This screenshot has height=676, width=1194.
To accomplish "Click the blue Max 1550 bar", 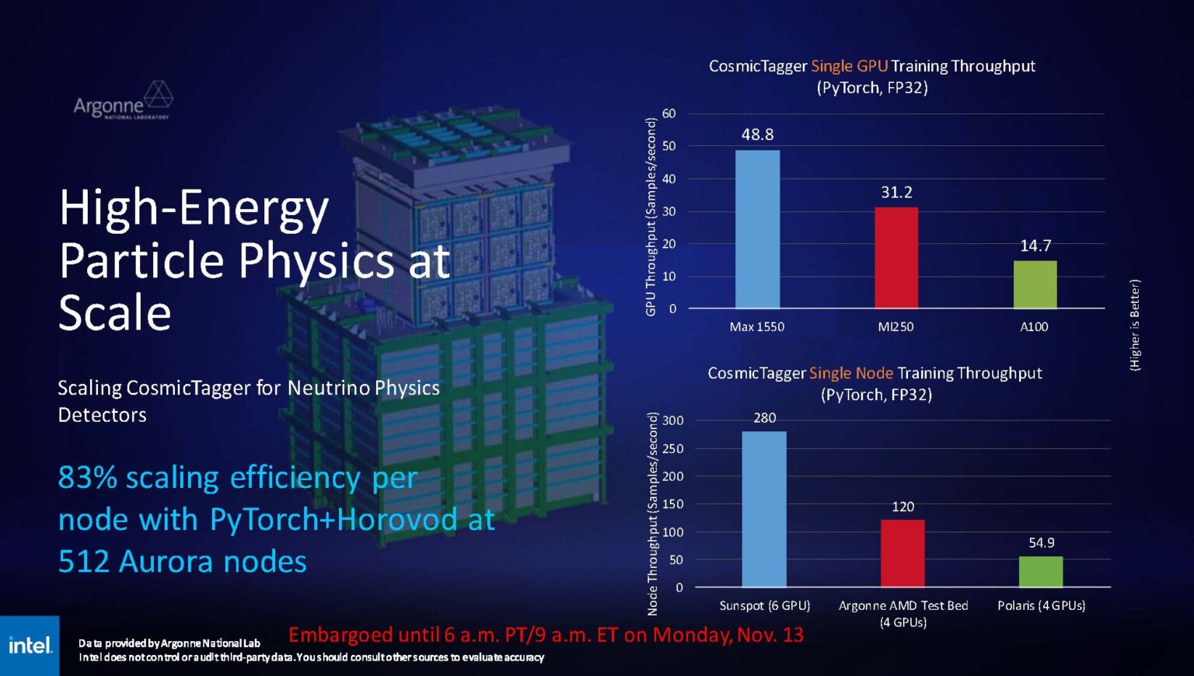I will point(757,229).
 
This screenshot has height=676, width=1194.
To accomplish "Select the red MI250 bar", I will point(896,258).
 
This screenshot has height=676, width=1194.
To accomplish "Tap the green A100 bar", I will point(1035,284).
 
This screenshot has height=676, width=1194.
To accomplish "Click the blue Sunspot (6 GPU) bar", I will point(763,509).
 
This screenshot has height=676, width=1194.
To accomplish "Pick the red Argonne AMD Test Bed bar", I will point(902,553).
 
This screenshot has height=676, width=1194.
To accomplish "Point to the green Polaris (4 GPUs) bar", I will point(1041,572).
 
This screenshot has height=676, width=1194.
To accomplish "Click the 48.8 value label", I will point(757,134).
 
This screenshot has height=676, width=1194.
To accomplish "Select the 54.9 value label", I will point(1041,542).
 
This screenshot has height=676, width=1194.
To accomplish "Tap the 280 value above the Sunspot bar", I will point(764,418).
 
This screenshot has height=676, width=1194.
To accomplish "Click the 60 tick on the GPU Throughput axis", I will point(669,113).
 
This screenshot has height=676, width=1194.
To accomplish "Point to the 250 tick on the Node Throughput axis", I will point(673,448).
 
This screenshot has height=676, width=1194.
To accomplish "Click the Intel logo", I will point(30,646).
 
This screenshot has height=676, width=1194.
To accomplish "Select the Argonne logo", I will point(123,101).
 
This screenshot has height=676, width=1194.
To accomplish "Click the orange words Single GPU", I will point(849,66).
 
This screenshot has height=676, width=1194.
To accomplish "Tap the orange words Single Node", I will point(850,373).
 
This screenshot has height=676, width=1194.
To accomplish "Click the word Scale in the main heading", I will point(115,312).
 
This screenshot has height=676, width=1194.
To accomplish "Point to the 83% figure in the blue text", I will point(87,477).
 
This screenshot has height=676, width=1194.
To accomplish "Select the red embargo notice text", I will point(546,635).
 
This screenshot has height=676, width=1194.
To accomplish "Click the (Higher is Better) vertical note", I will point(1134,325).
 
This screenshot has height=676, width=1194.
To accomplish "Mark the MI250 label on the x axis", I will point(895,327).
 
